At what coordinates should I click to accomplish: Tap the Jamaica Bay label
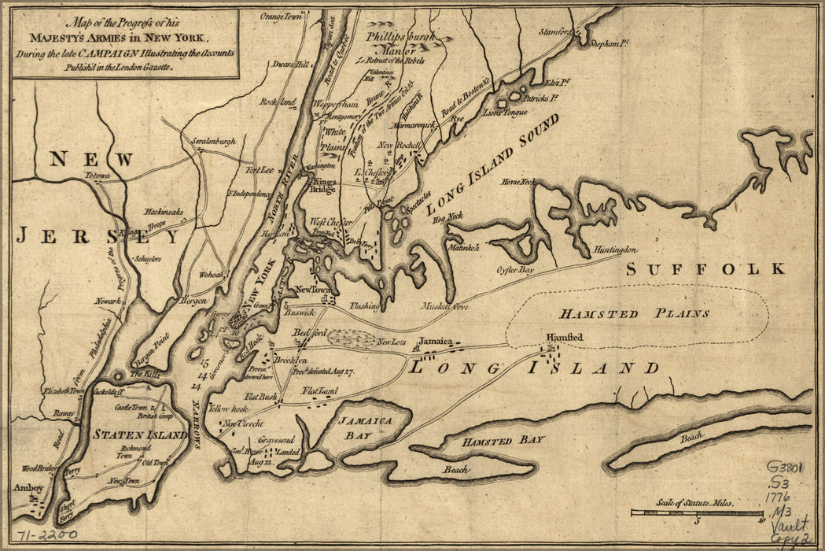(366, 427)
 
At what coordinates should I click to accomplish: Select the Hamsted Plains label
(635, 313)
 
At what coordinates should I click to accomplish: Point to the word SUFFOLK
(705, 269)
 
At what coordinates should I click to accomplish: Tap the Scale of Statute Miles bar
(698, 512)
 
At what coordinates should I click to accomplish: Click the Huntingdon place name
(615, 250)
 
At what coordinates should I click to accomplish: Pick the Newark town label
(109, 301)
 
